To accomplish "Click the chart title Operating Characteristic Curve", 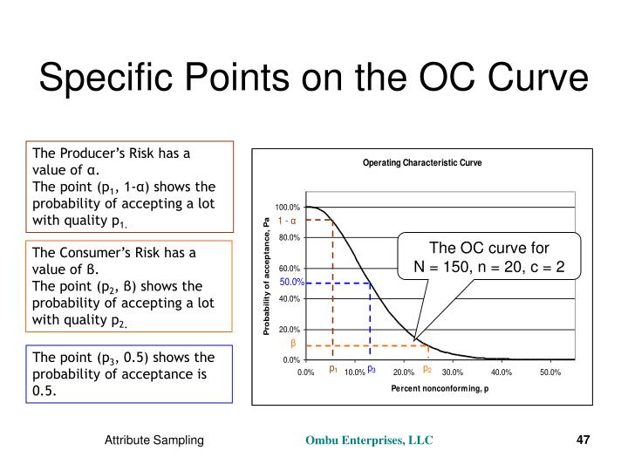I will (x=422, y=163).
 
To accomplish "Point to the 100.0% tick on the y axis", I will (x=288, y=207).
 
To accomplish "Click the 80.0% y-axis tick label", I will (x=290, y=237).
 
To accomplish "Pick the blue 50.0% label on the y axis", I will (x=291, y=283).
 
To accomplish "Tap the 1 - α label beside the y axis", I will (x=288, y=221).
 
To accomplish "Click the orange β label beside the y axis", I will (x=294, y=344).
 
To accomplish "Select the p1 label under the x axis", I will (x=333, y=370).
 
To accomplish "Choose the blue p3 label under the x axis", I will (x=371, y=370).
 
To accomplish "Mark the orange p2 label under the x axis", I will (x=427, y=370).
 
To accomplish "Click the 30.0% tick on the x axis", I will (x=452, y=372).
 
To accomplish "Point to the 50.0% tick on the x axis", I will (x=549, y=372).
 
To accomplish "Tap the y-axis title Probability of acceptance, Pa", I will (x=266, y=276).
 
